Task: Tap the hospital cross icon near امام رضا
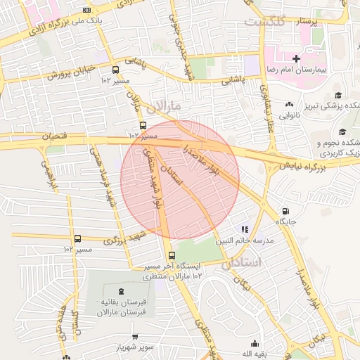[296, 58]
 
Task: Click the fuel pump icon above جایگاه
[285, 211]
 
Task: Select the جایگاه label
[285, 221]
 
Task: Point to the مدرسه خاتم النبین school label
[247, 240]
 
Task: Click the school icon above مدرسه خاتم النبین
[245, 229]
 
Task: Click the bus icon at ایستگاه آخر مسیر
[172, 255]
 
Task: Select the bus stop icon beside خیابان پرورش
[115, 70]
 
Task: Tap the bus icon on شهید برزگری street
[77, 238]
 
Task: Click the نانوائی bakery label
[290, 115]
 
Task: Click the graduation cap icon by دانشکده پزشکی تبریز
[338, 96]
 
